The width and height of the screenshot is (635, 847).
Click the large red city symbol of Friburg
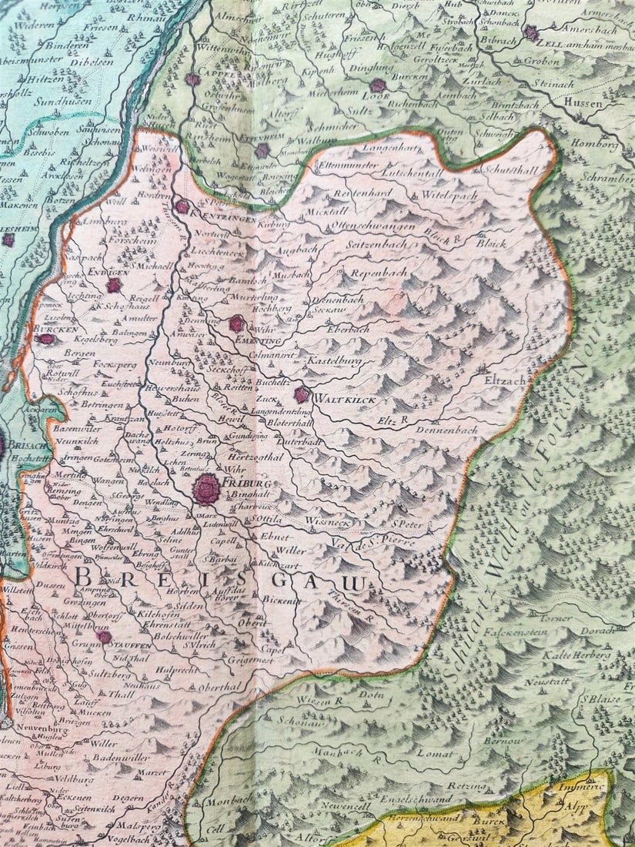[206, 488]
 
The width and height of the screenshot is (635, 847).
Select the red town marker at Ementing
[236, 323]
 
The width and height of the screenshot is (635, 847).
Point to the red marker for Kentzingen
[182, 206]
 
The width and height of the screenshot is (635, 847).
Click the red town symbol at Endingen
[114, 286]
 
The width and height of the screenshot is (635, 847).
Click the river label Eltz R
[393, 420]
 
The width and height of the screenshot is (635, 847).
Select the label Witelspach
[449, 196]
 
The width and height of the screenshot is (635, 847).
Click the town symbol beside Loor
[377, 86]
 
